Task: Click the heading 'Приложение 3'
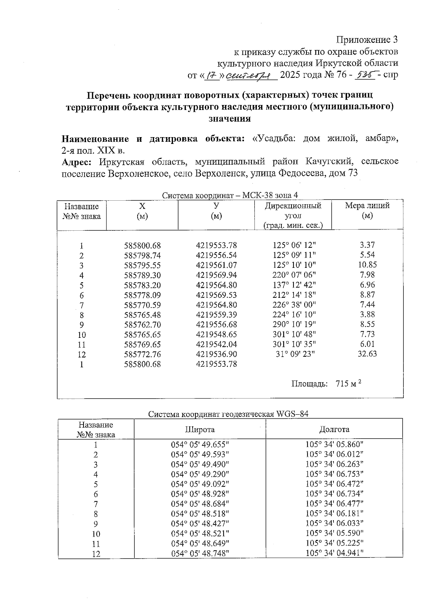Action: click(x=367, y=39)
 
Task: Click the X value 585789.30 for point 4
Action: click(x=142, y=275)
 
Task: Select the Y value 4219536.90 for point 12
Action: click(x=216, y=354)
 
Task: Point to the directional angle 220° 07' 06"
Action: click(x=294, y=275)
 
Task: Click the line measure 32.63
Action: click(x=367, y=354)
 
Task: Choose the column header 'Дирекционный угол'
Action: click(x=293, y=211)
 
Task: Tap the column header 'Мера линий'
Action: click(x=367, y=206)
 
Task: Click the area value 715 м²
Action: click(x=348, y=384)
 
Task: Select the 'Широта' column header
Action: click(x=200, y=429)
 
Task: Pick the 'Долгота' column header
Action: click(x=334, y=429)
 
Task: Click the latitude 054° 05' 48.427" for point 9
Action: click(x=200, y=524)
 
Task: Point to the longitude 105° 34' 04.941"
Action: click(x=334, y=553)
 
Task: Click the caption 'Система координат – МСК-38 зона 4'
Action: click(x=230, y=195)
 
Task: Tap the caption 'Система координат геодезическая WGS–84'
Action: click(x=228, y=414)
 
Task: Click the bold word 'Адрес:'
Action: click(x=77, y=162)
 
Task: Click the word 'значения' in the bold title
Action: click(x=229, y=119)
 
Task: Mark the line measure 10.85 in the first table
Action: click(x=367, y=265)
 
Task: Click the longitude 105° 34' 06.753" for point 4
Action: click(x=334, y=474)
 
